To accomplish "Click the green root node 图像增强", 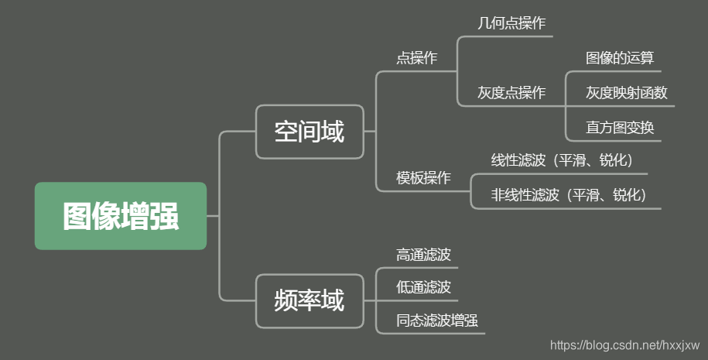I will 121,216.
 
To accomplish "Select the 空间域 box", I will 310,132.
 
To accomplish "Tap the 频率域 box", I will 310,300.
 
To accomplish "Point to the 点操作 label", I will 416,58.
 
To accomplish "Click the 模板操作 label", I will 423,178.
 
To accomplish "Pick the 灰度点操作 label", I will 511,93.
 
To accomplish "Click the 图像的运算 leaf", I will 621,58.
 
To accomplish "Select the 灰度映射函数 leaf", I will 626,93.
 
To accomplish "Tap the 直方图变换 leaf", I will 620,128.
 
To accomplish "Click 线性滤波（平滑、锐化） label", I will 563,160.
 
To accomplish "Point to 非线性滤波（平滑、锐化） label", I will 569,195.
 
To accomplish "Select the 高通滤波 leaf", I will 423,254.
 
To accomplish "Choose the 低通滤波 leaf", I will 423,287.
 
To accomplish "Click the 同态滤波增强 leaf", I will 431,321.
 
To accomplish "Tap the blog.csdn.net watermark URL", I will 624,345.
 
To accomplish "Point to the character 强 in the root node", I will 165,217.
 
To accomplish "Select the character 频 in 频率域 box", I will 286,300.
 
